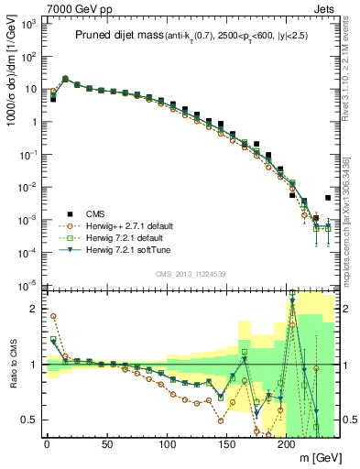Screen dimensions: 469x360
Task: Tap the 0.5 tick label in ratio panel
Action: pyautogui.click(x=29, y=420)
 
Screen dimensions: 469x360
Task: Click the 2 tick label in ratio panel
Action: pyautogui.click(x=34, y=309)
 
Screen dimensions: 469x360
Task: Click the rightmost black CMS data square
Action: pyautogui.click(x=328, y=198)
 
